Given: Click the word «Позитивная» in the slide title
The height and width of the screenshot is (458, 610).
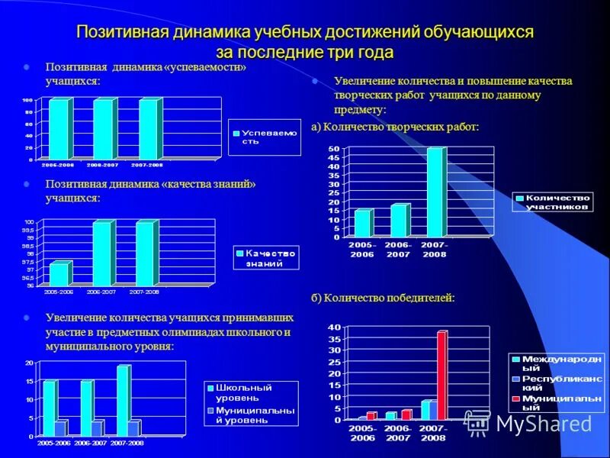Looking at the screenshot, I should coord(124,34).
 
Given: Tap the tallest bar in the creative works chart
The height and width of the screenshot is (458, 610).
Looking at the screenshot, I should coord(435,192).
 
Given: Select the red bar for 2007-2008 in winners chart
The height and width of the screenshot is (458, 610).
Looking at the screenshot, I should coord(441,375).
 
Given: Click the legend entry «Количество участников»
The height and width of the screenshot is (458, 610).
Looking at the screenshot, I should coord(552,202).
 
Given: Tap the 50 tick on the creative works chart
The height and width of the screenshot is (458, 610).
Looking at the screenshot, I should coord(335,148).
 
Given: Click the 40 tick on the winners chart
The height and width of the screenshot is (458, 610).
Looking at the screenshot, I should coord(335,327).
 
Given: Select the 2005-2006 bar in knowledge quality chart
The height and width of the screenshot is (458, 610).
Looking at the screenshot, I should coord(58,274).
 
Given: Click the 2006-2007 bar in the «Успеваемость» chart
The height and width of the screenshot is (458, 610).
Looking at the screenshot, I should coord(101,129).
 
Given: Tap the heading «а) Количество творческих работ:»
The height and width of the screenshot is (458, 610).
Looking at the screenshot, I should coord(395,127).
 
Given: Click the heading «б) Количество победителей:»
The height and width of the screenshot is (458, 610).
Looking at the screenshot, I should coord(383,298).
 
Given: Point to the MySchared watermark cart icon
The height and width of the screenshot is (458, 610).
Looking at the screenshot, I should coord(478,424).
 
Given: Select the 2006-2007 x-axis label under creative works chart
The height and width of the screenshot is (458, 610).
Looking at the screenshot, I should coord(397,249).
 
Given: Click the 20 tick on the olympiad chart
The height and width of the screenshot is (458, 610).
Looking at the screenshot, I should coord(29,362).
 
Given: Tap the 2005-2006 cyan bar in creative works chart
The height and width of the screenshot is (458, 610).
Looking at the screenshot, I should coord(361,223).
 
